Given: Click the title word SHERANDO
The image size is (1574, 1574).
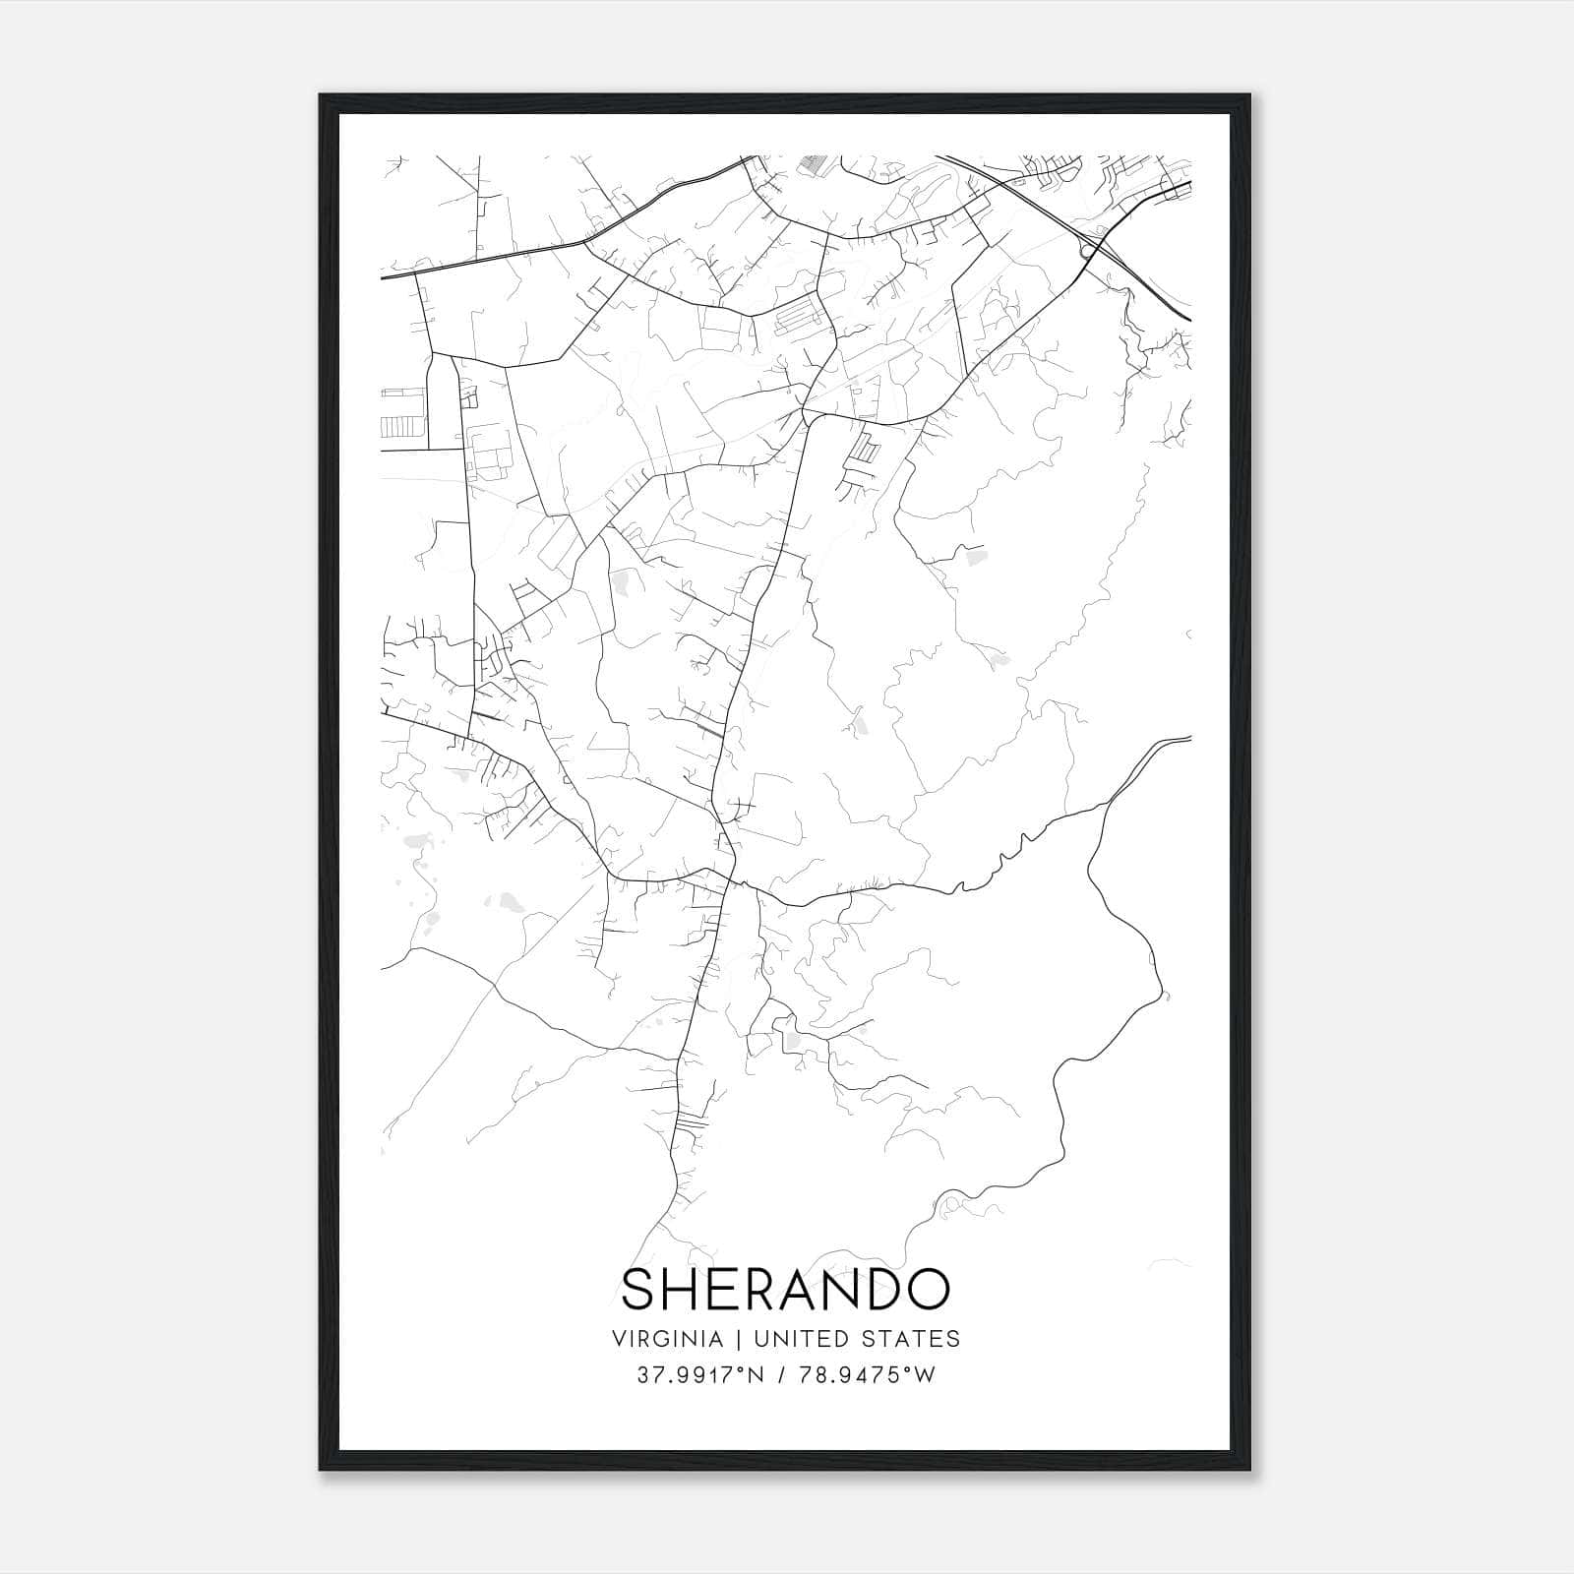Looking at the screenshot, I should coord(786,1289).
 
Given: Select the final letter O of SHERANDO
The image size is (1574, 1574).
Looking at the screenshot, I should coord(928,1289).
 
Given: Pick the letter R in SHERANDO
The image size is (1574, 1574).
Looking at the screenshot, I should coord(757,1289).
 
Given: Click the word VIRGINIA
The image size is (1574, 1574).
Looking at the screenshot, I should coord(668,1339).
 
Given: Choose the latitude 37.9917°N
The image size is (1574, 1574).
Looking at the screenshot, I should coord(700,1375).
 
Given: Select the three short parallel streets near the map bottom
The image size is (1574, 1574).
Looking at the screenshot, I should coord(693,1123).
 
